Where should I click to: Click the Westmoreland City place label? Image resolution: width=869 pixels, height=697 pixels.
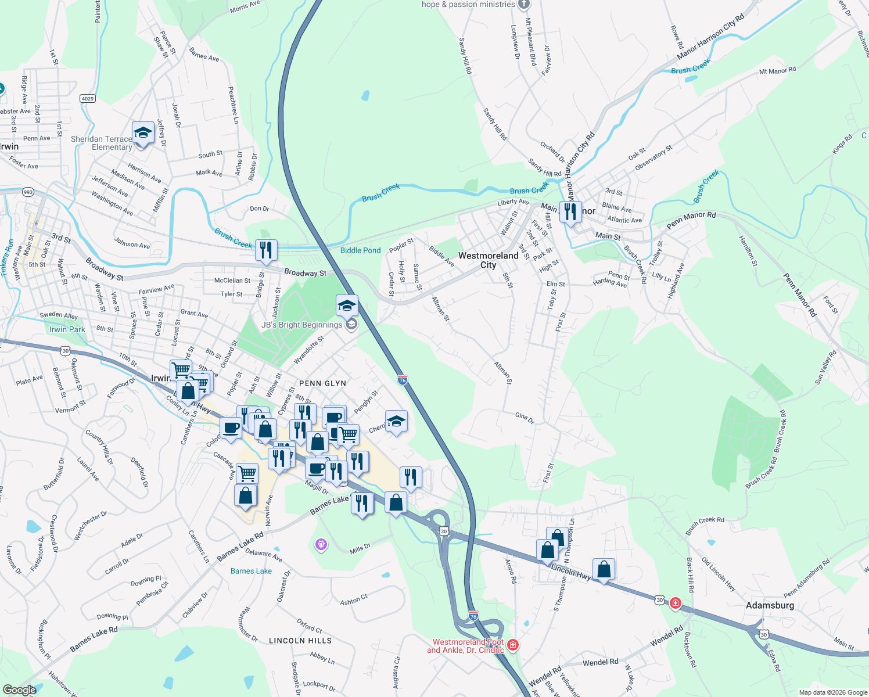tap(488, 260)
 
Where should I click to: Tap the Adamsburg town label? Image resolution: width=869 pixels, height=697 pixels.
tap(770, 605)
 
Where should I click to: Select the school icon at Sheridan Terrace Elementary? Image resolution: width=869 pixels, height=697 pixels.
tap(143, 134)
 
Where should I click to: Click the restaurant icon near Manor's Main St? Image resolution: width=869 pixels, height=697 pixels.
tap(570, 212)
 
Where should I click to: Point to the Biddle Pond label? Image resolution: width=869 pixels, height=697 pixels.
tap(360, 250)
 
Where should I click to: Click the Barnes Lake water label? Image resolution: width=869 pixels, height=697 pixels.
tap(251, 571)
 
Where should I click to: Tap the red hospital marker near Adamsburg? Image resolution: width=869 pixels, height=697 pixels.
tap(675, 603)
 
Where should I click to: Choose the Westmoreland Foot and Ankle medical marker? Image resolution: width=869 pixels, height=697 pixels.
tap(512, 644)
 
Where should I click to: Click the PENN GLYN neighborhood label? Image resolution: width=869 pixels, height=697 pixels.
tap(322, 383)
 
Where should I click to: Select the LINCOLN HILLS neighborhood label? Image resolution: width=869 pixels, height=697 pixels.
tap(300, 641)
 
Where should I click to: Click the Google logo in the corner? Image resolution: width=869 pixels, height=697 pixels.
tap(19, 690)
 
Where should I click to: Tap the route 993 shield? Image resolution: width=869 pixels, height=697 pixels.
tap(28, 192)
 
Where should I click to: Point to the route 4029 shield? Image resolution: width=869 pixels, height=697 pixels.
tap(87, 98)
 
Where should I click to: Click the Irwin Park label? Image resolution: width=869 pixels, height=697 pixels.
tap(67, 329)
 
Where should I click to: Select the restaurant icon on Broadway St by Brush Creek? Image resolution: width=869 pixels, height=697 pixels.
tap(266, 250)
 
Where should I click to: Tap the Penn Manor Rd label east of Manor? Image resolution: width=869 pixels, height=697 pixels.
tap(691, 219)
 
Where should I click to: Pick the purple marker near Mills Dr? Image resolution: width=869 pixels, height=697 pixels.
tap(321, 544)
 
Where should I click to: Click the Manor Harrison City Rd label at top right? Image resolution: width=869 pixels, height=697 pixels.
tap(710, 37)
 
